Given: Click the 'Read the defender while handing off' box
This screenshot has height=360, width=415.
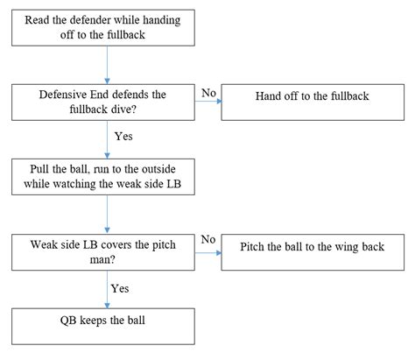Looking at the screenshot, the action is tap(103, 28).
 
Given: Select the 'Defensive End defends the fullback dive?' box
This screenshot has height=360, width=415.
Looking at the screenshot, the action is tap(103, 102).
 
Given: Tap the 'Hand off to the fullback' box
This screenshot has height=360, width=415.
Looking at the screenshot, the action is tap(313, 102).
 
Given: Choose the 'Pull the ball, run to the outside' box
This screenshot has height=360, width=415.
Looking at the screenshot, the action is tap(103, 177).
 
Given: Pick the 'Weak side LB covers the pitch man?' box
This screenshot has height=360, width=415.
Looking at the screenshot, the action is tap(103, 252).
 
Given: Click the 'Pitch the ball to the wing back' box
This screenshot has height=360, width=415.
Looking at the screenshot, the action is tap(313, 252).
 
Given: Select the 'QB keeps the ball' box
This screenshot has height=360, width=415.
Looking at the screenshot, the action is tap(103, 327).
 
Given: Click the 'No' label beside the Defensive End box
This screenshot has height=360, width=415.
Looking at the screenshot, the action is tap(208, 93).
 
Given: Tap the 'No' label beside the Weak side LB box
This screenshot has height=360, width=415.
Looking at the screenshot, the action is tap(208, 239).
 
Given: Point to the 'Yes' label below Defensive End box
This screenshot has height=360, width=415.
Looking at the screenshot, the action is tap(123, 137).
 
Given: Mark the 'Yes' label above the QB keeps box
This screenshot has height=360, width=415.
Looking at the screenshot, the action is tap(120, 289).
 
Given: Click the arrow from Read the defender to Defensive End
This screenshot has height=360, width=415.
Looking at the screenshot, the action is tap(107, 65).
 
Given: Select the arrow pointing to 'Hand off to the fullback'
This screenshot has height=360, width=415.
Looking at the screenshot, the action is tap(208, 102).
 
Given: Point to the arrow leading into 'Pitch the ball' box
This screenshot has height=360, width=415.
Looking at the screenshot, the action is tap(208, 252).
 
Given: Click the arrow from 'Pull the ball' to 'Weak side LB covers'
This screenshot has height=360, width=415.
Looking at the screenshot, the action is tap(107, 215).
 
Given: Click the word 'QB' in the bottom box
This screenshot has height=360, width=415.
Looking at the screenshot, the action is tap(68, 321).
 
